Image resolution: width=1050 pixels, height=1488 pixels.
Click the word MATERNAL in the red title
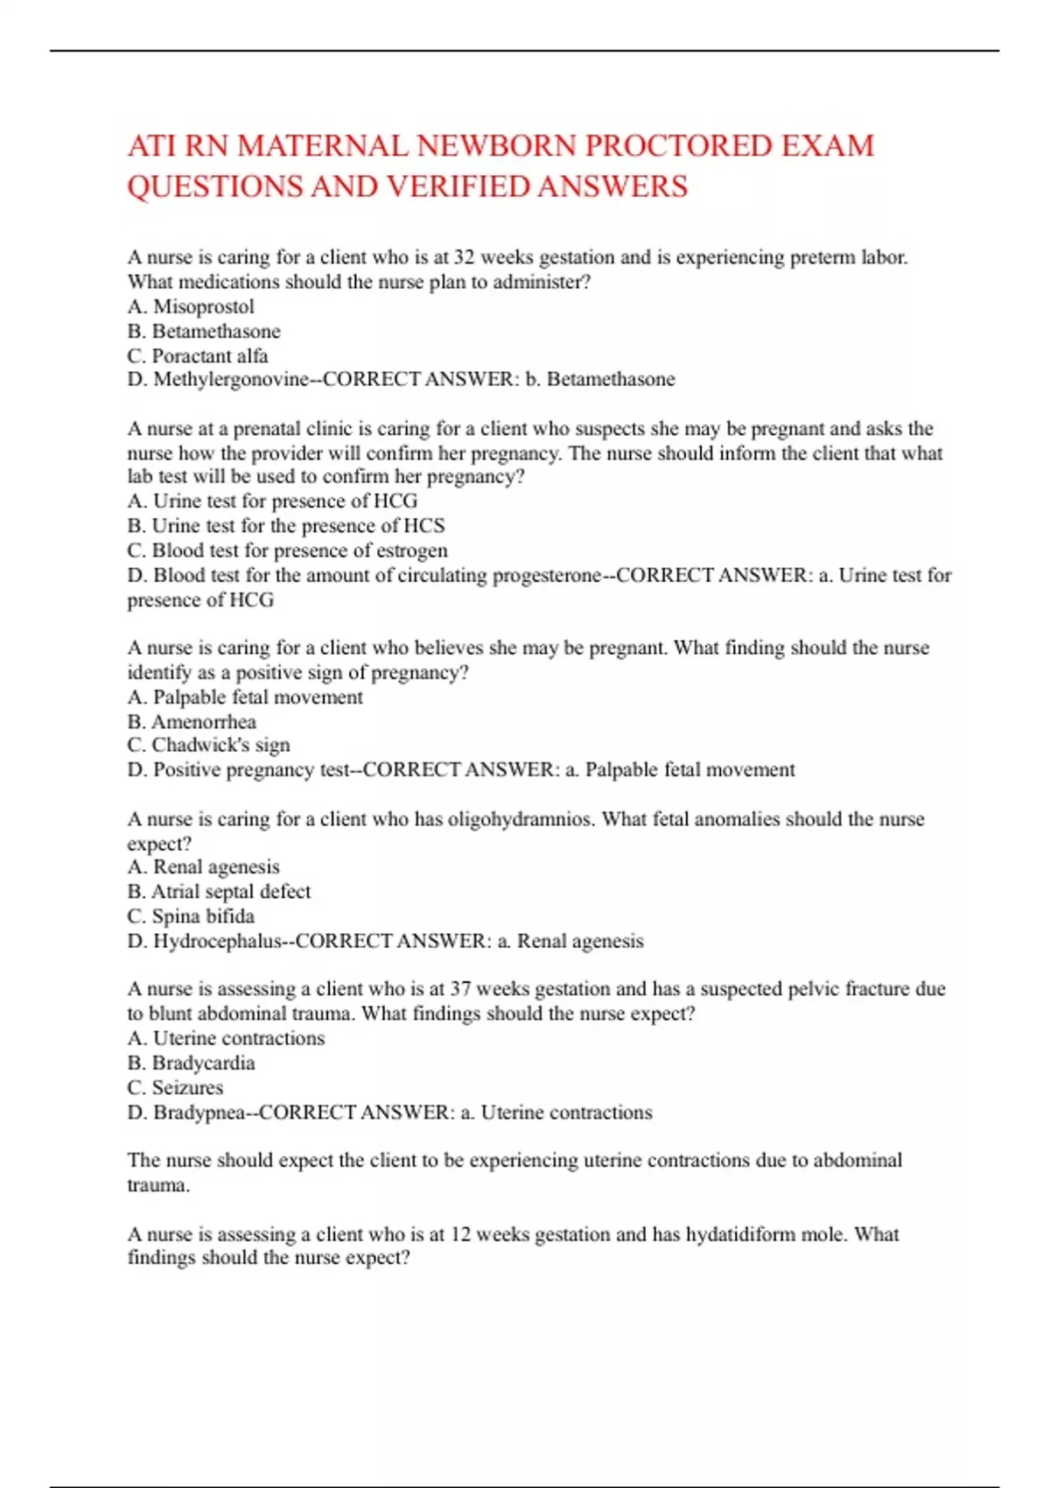tap(323, 146)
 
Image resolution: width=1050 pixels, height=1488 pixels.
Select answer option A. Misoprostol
tap(191, 306)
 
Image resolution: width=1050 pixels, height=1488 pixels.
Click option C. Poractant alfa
tap(198, 355)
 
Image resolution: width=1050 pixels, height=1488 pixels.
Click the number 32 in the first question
tap(464, 257)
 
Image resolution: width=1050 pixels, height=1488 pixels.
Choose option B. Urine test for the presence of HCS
tap(286, 525)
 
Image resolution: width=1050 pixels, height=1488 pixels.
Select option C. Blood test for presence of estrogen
tap(287, 551)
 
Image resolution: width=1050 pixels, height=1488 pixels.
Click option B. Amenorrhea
tap(192, 721)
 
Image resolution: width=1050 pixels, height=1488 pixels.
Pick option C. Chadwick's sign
tap(208, 745)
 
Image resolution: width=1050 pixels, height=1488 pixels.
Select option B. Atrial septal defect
tap(219, 891)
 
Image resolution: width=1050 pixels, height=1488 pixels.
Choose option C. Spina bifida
tap(191, 916)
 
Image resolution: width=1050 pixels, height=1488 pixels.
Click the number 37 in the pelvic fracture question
tap(460, 989)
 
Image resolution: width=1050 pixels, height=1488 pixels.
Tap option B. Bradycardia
tap(191, 1063)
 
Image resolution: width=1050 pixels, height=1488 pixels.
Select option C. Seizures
tap(175, 1087)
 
